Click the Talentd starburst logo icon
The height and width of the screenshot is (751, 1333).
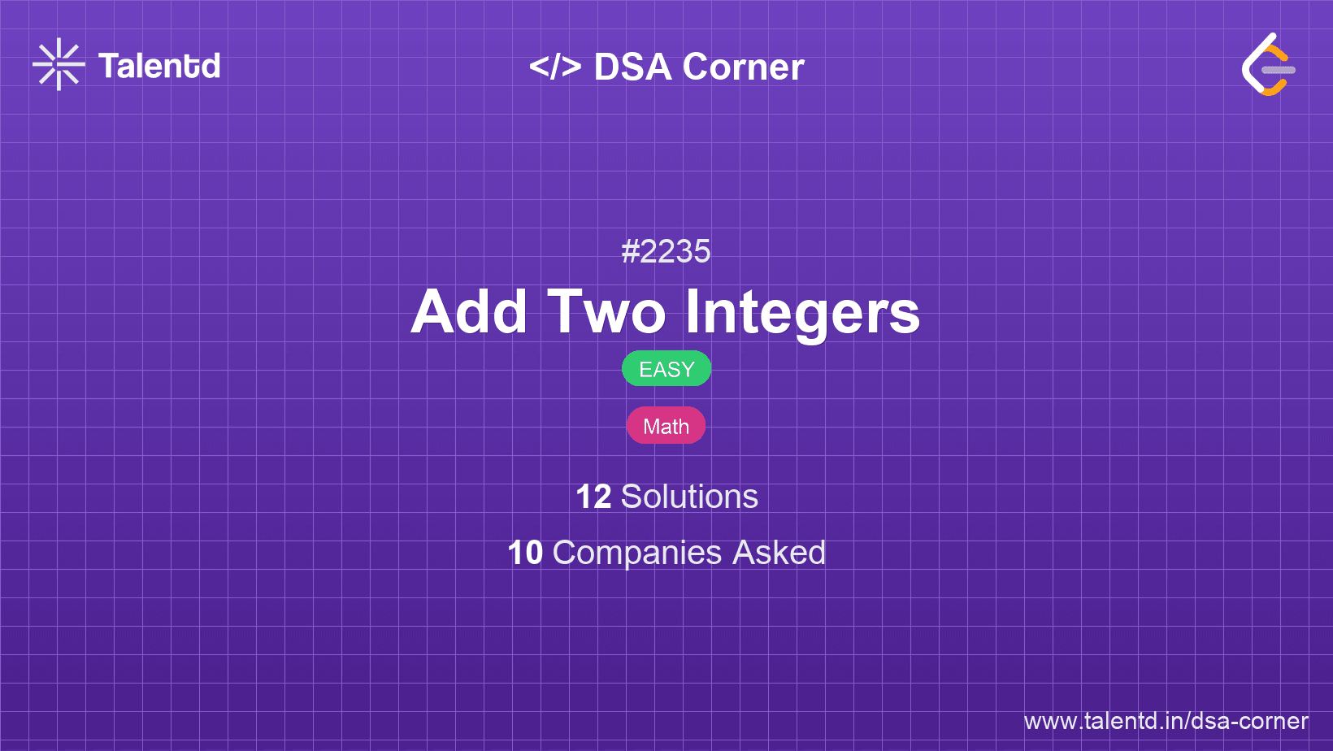click(59, 64)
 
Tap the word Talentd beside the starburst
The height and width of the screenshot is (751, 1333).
click(159, 66)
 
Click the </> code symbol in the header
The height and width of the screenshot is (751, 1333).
click(555, 67)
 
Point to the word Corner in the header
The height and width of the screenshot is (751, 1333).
click(743, 67)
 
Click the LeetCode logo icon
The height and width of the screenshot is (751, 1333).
click(1268, 64)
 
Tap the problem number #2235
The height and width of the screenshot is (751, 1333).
click(666, 251)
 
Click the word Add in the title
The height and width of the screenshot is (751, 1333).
click(469, 312)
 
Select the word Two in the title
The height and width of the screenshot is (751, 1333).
click(607, 312)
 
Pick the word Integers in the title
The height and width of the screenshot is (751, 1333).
click(803, 315)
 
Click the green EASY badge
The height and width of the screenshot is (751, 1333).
click(666, 369)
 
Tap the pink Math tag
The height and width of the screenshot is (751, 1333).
click(666, 426)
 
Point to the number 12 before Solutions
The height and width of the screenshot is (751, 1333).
click(593, 497)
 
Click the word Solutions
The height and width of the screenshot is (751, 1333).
click(690, 497)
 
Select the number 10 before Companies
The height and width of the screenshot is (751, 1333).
click(525, 552)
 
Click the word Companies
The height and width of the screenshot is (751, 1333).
click(637, 553)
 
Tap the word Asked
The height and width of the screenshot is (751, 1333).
click(779, 552)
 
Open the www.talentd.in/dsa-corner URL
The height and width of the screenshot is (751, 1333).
click(1166, 721)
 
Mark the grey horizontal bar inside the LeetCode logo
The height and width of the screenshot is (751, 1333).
click(1279, 70)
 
